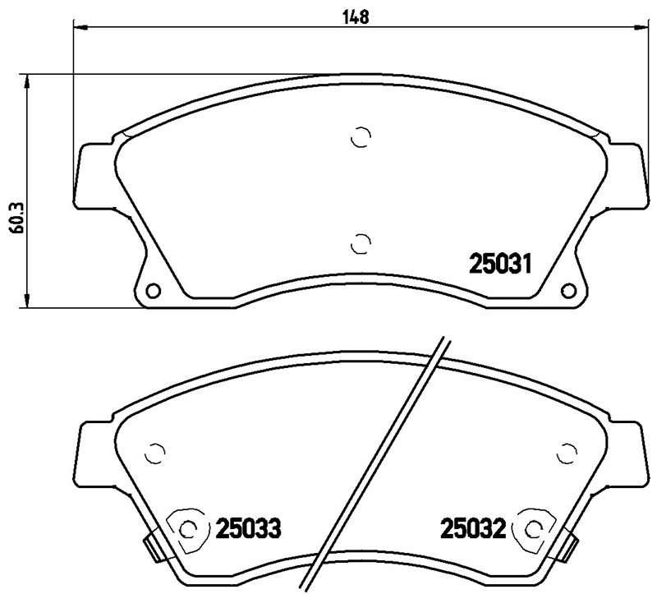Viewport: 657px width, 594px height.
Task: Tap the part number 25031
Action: click(502, 264)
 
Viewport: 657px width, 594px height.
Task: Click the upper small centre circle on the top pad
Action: click(359, 137)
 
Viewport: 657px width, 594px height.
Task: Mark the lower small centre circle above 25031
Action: click(359, 242)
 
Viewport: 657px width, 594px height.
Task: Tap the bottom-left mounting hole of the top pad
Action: click(152, 292)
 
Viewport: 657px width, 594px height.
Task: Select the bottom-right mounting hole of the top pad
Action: click(567, 292)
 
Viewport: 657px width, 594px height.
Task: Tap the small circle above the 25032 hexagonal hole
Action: click(566, 453)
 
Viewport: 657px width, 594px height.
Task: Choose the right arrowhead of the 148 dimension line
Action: click(637, 28)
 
